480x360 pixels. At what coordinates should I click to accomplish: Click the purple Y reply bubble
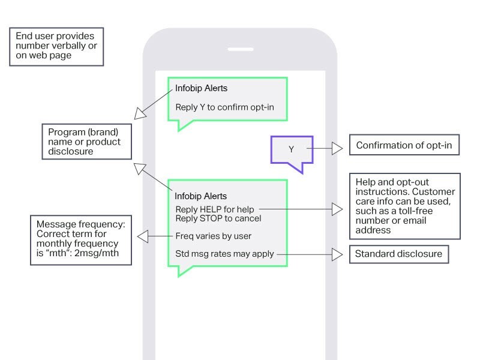[x=292, y=149]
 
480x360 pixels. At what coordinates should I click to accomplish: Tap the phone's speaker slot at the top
[x=240, y=49]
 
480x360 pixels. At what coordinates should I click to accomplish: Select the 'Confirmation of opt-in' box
[x=404, y=145]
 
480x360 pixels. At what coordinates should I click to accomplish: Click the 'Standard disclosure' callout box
[x=398, y=254]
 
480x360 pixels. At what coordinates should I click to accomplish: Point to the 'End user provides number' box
[x=55, y=46]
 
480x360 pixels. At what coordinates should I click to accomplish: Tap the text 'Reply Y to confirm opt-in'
[x=224, y=107]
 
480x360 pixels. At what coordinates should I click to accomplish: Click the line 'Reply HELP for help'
[x=215, y=209]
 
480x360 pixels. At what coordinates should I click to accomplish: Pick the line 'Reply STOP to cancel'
[x=218, y=218]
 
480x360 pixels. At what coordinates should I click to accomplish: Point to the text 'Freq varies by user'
[x=213, y=236]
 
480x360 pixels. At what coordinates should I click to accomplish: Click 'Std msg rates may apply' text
[x=224, y=254]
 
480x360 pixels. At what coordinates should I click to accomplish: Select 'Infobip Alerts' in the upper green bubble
[x=201, y=88]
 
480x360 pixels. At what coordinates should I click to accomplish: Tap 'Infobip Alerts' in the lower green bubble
[x=200, y=196]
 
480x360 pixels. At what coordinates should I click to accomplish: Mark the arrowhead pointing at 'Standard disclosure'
[x=338, y=254]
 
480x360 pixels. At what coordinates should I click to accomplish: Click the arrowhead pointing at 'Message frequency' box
[x=143, y=236]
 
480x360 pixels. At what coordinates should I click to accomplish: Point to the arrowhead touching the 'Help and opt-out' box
[x=338, y=209]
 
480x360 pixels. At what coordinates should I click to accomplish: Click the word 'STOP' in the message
[x=209, y=218]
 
